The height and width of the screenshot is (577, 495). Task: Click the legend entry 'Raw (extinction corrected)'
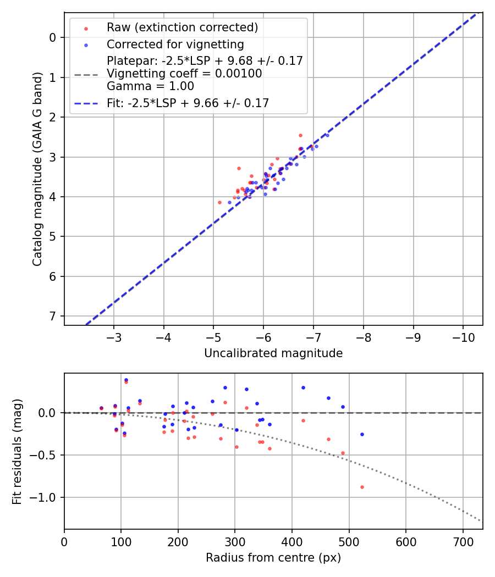click(x=182, y=27)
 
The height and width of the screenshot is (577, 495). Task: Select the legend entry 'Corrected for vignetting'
click(x=175, y=44)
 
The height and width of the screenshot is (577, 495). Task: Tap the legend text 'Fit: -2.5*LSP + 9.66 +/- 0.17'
click(x=188, y=103)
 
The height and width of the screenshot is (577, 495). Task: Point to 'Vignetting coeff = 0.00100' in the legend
click(x=184, y=74)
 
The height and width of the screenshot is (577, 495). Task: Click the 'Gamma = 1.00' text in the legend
click(x=150, y=86)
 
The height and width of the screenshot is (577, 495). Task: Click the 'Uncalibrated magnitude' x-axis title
click(x=273, y=353)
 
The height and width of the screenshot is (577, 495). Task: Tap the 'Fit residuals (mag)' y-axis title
click(x=17, y=451)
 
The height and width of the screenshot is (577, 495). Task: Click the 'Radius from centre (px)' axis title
click(x=273, y=558)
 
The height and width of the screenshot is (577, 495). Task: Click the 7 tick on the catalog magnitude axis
click(x=53, y=317)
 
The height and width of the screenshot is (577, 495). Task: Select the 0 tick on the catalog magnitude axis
click(x=53, y=37)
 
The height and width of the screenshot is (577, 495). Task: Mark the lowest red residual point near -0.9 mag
click(x=362, y=487)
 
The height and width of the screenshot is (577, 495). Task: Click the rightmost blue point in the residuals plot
click(x=362, y=434)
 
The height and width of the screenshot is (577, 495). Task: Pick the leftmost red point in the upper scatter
click(x=219, y=202)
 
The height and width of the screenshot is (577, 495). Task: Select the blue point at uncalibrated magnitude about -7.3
click(x=327, y=135)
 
